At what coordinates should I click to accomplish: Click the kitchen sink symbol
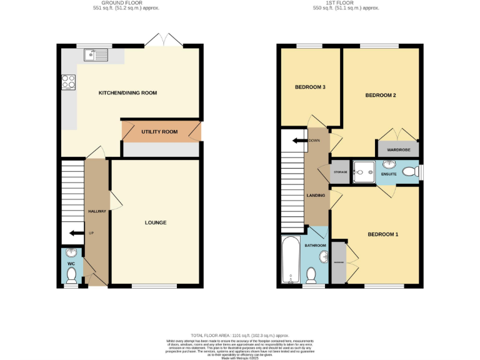pos(96,56)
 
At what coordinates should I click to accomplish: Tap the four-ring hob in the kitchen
pos(68,82)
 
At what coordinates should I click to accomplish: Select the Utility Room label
pos(159,132)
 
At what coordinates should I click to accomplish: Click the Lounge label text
pos(156,222)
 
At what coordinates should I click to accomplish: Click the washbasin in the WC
pos(71,253)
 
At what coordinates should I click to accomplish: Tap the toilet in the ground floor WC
pos(71,276)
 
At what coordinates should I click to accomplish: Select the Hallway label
pos(96,211)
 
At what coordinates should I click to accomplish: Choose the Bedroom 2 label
pos(381,96)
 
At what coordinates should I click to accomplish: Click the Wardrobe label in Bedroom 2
pos(397,150)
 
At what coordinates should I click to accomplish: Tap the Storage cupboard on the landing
pos(340,172)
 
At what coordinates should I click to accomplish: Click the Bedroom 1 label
pos(382,234)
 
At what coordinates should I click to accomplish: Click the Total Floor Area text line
pos(239,336)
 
